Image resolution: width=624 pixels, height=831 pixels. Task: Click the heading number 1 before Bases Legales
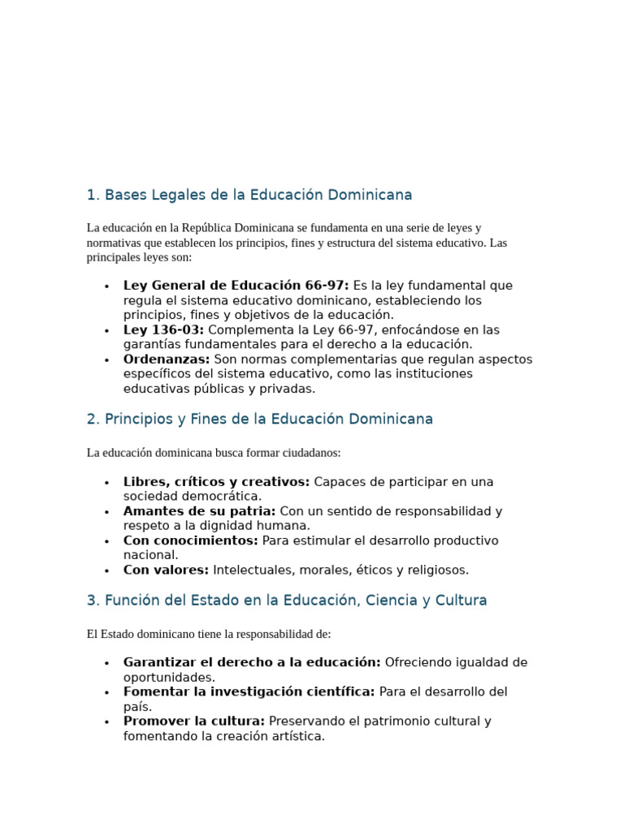click(91, 196)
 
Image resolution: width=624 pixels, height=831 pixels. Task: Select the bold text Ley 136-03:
click(163, 330)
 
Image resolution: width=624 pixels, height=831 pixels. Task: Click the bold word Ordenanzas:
click(167, 360)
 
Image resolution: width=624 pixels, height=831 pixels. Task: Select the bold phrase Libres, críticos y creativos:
click(216, 482)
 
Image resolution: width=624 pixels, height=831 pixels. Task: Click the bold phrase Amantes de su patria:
click(199, 511)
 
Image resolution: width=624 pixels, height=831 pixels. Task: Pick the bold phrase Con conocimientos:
click(190, 540)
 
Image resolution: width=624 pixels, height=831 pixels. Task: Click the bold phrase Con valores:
click(166, 571)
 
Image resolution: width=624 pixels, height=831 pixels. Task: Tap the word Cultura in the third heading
click(459, 601)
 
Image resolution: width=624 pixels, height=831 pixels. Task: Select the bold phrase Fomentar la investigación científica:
click(249, 692)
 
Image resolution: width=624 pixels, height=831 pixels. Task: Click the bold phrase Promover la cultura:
click(194, 721)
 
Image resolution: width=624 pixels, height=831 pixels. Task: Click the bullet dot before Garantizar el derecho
click(106, 664)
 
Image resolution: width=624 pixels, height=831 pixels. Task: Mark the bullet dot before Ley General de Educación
click(106, 286)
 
